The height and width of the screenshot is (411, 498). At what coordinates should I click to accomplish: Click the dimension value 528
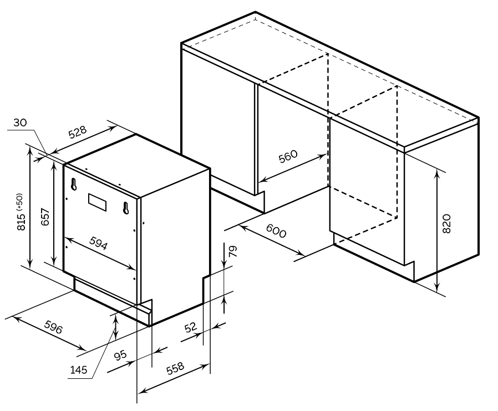tap(78, 132)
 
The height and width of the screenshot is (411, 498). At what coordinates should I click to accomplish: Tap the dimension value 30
tap(21, 122)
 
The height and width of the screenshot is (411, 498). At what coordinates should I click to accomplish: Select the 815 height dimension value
tap(21, 222)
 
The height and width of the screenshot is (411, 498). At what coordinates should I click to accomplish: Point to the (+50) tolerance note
tap(20, 202)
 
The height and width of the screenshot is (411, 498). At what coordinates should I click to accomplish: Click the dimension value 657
tap(45, 217)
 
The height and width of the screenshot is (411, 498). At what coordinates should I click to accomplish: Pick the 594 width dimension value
tap(99, 243)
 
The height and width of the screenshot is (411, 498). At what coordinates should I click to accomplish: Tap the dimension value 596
tap(53, 327)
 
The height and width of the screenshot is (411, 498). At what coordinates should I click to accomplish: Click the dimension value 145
tap(78, 369)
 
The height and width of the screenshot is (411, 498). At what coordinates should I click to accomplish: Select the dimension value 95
tap(121, 355)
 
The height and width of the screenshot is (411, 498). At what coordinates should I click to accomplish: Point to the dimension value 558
tap(175, 368)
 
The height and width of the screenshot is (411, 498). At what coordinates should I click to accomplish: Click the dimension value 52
tap(191, 327)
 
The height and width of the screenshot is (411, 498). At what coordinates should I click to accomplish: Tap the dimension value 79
tap(233, 251)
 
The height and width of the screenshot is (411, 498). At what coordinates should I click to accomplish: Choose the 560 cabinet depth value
tap(288, 156)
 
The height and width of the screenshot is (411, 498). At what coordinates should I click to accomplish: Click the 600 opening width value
tap(276, 230)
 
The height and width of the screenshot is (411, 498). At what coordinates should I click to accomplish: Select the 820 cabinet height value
tap(446, 224)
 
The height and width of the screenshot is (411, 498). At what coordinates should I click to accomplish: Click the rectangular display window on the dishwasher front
tap(98, 202)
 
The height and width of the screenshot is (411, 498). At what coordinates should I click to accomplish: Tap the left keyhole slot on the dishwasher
tap(74, 184)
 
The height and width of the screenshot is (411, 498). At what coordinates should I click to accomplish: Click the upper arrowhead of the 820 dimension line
tap(438, 173)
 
